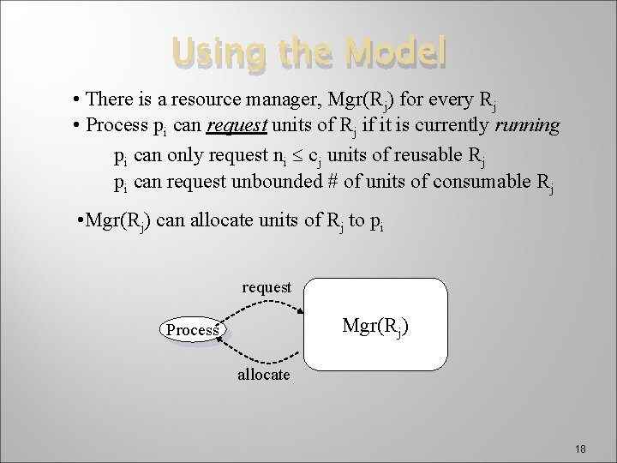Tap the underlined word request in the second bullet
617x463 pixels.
238,127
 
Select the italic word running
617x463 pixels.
525,127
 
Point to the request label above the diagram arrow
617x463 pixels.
267,287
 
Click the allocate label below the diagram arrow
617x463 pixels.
263,376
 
